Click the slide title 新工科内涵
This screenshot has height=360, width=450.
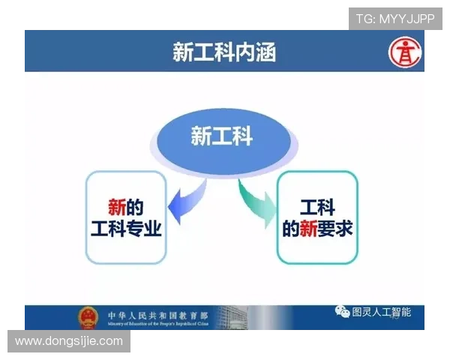(224, 52)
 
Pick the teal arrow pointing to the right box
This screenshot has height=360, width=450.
(258, 201)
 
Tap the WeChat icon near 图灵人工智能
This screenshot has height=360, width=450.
(342, 311)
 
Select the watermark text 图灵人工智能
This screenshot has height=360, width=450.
(381, 311)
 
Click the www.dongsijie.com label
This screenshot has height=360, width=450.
(69, 341)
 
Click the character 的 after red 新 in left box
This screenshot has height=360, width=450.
(135, 205)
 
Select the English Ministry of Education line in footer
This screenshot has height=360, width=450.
(157, 324)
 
